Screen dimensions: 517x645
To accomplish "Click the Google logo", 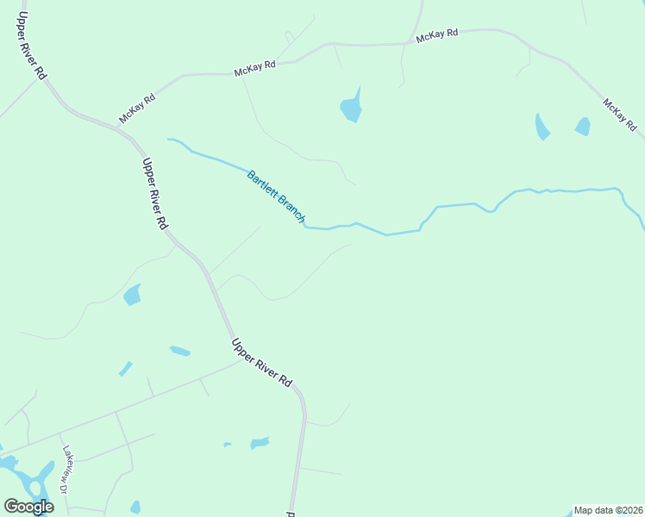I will pos(28,507).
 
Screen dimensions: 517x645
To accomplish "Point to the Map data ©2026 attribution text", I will pos(608,510).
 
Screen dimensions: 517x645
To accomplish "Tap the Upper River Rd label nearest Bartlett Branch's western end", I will pos(154,194).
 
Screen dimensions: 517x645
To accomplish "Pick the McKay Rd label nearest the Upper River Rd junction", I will pos(137,109).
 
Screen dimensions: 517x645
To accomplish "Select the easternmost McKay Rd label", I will pos(620,115).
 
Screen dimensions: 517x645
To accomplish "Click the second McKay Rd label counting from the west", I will pos(254,69).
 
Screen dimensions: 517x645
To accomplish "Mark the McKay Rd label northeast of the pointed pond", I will pos(437,35).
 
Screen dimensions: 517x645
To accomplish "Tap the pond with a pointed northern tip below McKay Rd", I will pos(351,108).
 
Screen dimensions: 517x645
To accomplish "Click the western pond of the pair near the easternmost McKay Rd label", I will pos(542,128).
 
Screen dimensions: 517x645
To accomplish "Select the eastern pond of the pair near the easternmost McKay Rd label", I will pos(583,127).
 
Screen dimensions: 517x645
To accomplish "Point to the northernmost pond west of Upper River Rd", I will pos(132,296).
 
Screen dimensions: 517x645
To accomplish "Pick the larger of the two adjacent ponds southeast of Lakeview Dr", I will pos(260,443).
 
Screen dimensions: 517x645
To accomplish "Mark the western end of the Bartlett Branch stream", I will pos(170,139).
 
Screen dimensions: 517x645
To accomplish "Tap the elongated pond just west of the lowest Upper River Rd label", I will pos(180,351).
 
